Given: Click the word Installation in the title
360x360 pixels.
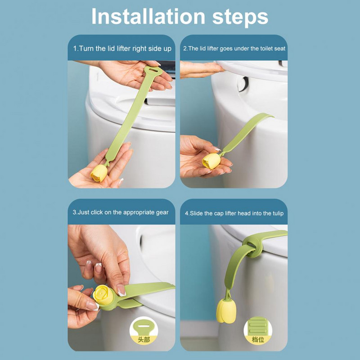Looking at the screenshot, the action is click(148, 16).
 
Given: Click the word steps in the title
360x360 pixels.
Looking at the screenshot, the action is click(240, 18).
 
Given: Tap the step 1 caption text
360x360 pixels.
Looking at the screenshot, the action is click(122, 49).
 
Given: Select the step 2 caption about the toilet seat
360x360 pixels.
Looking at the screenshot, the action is click(234, 49).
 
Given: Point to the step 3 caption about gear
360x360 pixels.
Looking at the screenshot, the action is click(121, 212).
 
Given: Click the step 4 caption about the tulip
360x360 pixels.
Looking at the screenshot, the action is click(234, 213).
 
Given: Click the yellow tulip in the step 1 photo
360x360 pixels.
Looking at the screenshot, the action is click(99, 173).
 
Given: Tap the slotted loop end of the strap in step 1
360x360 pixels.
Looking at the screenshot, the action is click(153, 71).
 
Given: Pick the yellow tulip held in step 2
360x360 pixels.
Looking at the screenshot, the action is click(211, 161).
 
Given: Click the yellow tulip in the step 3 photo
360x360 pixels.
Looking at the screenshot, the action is click(103, 295).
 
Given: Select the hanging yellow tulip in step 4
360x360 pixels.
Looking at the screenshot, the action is click(226, 311).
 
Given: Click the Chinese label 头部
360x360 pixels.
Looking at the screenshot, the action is click(144, 340).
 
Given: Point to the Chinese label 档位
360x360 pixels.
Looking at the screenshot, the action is click(258, 339).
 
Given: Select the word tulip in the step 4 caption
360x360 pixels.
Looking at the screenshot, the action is click(278, 213).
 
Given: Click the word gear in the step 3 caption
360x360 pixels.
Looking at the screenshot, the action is click(162, 213).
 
